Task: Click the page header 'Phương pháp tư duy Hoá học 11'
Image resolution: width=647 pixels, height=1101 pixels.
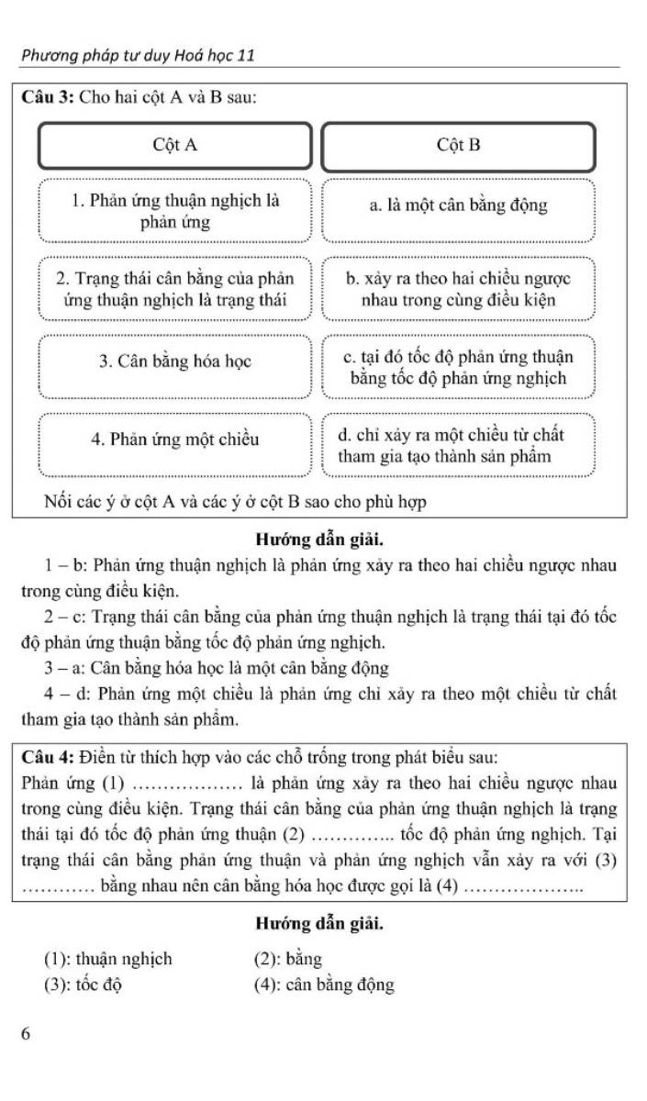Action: click(138, 56)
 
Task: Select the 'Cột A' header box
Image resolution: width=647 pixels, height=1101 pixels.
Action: click(174, 146)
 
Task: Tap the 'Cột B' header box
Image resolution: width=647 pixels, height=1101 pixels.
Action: click(459, 146)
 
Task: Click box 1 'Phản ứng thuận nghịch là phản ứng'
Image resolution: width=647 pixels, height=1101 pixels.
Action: click(174, 211)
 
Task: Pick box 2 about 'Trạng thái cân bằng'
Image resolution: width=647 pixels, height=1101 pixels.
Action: click(174, 289)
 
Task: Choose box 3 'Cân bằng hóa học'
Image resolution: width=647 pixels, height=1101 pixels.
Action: click(174, 361)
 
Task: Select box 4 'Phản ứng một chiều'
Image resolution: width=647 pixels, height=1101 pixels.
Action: click(174, 439)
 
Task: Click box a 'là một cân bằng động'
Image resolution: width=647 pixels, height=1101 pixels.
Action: click(459, 206)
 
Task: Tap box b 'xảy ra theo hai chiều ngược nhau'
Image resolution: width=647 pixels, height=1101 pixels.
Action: click(459, 289)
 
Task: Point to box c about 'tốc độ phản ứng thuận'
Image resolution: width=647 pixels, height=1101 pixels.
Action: click(459, 367)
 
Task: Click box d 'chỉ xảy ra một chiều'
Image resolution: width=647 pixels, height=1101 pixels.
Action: click(459, 445)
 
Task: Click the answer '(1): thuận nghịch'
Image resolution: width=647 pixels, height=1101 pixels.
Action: click(107, 960)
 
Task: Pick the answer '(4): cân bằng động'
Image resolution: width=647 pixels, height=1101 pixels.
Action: click(324, 985)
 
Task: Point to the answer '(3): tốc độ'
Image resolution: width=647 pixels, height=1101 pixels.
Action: click(84, 985)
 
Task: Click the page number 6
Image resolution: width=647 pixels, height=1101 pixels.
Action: click(27, 1034)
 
